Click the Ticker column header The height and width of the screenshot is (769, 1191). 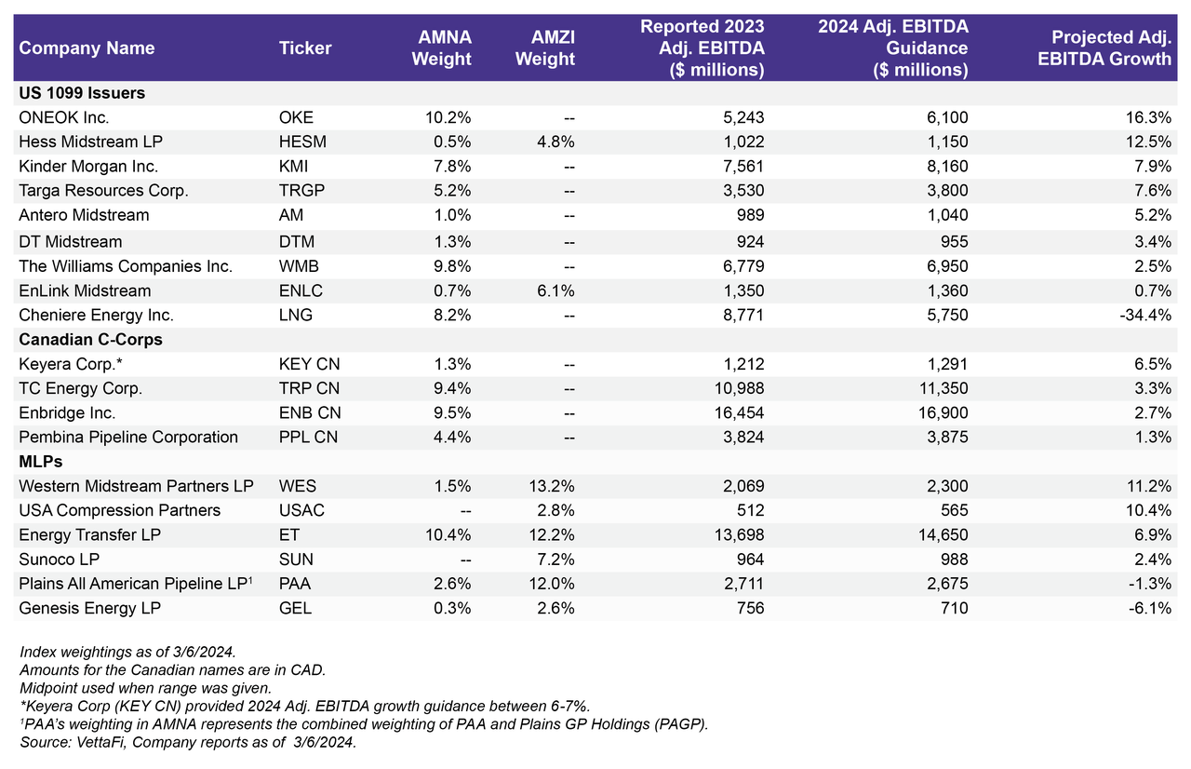coord(304,48)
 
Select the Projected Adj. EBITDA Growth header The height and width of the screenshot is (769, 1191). coord(1111,48)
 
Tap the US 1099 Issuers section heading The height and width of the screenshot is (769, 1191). coord(82,93)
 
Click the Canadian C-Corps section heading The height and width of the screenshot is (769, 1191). coord(90,340)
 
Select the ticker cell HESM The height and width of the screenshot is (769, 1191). coord(302,142)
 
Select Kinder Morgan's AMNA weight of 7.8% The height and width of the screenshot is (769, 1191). coord(450,167)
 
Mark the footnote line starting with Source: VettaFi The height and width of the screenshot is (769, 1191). coord(187,742)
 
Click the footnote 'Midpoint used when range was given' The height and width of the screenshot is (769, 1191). coord(144,688)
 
